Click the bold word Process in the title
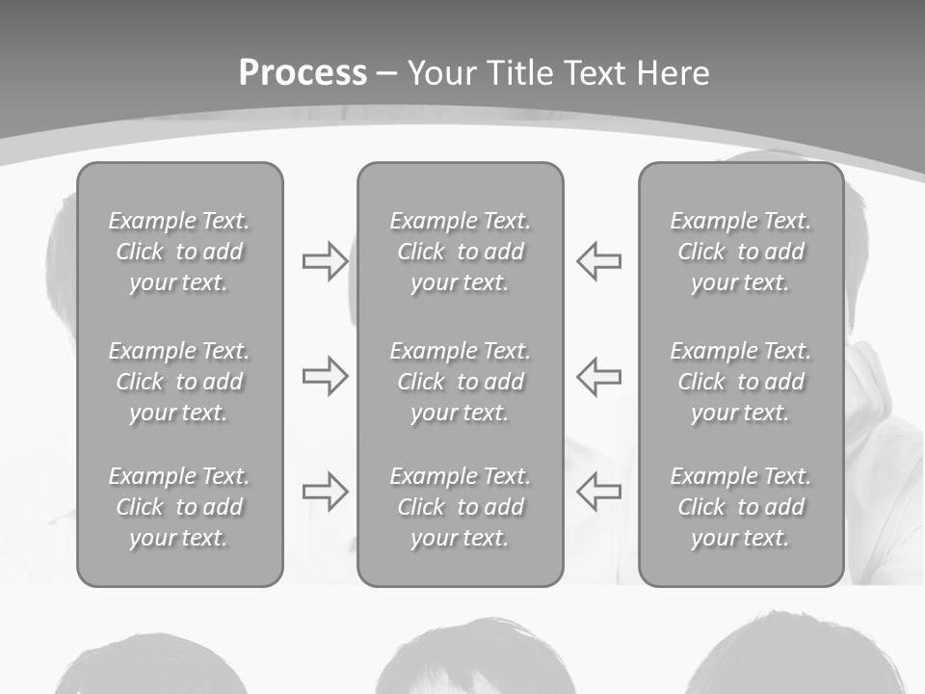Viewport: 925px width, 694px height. pyautogui.click(x=303, y=73)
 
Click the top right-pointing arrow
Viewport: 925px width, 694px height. pyautogui.click(x=325, y=261)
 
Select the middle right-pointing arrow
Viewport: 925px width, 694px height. pyautogui.click(x=325, y=376)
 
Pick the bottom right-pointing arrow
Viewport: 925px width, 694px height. pyautogui.click(x=325, y=492)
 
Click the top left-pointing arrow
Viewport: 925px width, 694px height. pyautogui.click(x=598, y=261)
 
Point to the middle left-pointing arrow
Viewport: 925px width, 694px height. pyautogui.click(x=598, y=376)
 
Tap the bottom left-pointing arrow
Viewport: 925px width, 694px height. pyautogui.click(x=598, y=492)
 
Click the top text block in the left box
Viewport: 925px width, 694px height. pyautogui.click(x=179, y=252)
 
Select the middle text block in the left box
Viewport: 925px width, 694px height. pyautogui.click(x=179, y=382)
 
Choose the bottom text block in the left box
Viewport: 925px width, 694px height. pyautogui.click(x=179, y=507)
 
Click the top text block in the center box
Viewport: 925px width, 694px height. pyautogui.click(x=460, y=252)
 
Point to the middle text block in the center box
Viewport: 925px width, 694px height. pyautogui.click(x=460, y=382)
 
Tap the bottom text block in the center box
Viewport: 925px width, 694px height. pyautogui.click(x=460, y=507)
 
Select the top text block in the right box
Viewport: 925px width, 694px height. pyautogui.click(x=740, y=252)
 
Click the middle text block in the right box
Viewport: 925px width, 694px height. pyautogui.click(x=740, y=382)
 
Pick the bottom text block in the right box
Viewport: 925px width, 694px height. pyautogui.click(x=740, y=507)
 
